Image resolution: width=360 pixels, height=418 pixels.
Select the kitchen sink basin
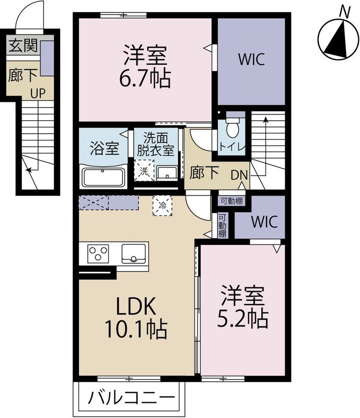[x=134, y=253]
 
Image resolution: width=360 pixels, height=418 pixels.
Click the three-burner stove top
[x=98, y=253]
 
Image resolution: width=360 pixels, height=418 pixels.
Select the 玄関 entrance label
[x=23, y=45]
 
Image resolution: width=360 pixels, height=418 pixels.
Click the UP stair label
[x=38, y=94]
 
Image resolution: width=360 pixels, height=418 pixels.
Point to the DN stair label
[x=239, y=175]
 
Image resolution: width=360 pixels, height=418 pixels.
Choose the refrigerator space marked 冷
[x=162, y=205]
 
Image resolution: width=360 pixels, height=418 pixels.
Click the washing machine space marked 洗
[x=144, y=171]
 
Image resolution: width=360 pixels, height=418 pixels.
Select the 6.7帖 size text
[x=145, y=79]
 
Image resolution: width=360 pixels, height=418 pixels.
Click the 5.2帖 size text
[x=242, y=318]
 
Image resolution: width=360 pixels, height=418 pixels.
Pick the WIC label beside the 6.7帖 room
[x=251, y=59]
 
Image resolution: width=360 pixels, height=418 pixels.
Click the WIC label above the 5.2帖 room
[x=264, y=222]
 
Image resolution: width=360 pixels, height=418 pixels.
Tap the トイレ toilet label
[x=232, y=147]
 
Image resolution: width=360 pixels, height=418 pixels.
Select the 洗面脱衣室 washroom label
[x=156, y=144]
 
